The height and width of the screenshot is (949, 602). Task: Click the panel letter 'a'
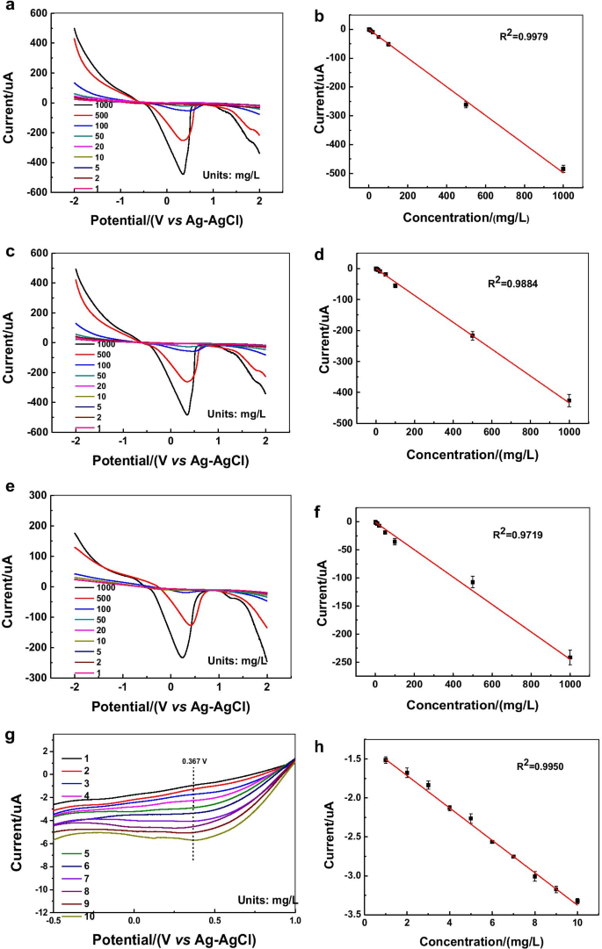7,7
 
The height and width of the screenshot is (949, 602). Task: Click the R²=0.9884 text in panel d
518,284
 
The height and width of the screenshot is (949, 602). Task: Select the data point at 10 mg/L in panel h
577,901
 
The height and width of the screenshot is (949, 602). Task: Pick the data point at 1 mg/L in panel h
385,759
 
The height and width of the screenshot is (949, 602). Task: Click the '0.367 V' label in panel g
192,738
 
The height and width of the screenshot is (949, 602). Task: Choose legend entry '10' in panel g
90,916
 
